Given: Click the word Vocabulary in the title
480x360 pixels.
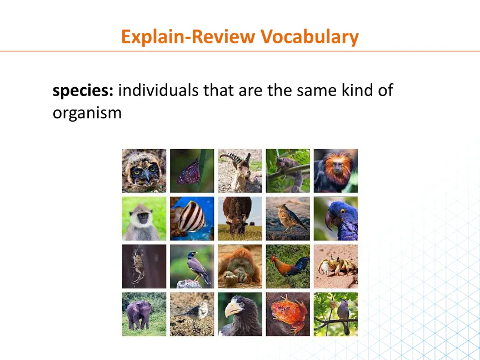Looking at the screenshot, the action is (x=309, y=37).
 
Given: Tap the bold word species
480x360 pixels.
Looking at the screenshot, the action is (x=83, y=91).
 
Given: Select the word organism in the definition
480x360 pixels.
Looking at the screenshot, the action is (x=87, y=113).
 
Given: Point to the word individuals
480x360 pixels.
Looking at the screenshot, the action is (x=158, y=91).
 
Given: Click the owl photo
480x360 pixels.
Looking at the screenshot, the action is (x=144, y=171).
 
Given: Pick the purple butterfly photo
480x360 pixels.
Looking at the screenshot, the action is (x=192, y=171).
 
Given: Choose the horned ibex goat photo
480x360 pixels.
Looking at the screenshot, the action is (x=240, y=171).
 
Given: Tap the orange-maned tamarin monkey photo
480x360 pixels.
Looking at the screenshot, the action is (x=336, y=171).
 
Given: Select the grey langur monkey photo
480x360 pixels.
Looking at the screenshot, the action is (x=144, y=218).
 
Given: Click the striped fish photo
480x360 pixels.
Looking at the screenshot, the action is (x=192, y=218).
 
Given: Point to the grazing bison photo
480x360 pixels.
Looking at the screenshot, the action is (x=240, y=218).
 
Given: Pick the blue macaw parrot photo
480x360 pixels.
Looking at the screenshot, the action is (x=336, y=218).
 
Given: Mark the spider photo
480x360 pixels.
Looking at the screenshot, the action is (x=144, y=266).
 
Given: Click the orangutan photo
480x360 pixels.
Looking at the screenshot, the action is (x=240, y=266).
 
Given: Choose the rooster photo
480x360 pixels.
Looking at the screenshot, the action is (x=288, y=266).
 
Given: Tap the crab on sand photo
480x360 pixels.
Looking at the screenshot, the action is (x=336, y=266).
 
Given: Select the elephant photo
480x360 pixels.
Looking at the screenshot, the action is (x=144, y=314).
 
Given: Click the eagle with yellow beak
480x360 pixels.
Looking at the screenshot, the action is (x=240, y=314).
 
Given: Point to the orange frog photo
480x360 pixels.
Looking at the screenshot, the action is (x=288, y=314).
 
